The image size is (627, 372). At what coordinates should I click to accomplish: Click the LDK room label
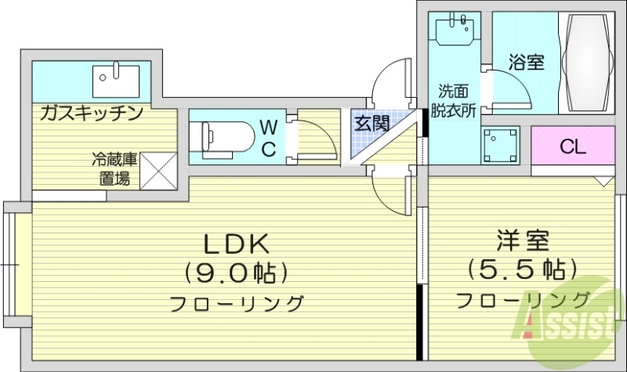237,244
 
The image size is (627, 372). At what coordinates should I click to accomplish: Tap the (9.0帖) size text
237,273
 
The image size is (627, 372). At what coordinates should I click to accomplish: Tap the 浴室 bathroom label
526,62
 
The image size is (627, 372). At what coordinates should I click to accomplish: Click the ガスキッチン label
92,113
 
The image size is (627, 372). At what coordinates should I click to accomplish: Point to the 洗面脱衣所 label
457,99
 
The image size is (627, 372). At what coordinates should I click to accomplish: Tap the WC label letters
267,138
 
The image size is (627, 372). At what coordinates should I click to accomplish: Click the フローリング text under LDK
237,302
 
